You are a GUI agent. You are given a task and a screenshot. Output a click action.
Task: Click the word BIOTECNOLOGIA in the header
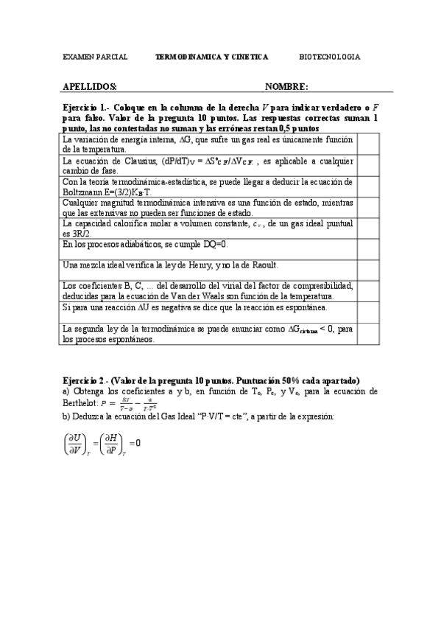pos(330,57)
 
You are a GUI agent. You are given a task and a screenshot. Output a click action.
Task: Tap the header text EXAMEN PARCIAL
pos(96,57)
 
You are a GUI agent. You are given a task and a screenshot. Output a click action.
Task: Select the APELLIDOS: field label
pos(90,86)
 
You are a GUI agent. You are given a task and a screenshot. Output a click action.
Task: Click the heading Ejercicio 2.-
pos(86,380)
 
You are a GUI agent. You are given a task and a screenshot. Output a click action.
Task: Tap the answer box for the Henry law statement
pos(367,268)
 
